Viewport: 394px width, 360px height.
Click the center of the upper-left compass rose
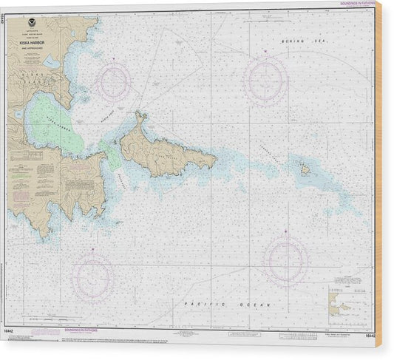click(115, 82)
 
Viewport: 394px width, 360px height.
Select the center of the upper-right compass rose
click(266, 79)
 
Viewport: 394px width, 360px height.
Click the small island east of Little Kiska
click(305, 170)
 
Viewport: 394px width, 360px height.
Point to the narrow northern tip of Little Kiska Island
click(139, 116)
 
